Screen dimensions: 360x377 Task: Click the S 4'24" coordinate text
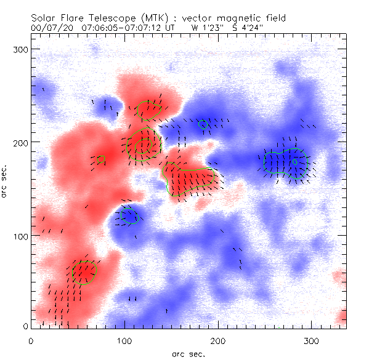coord(245,28)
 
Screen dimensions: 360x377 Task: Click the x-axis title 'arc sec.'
coord(188,354)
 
